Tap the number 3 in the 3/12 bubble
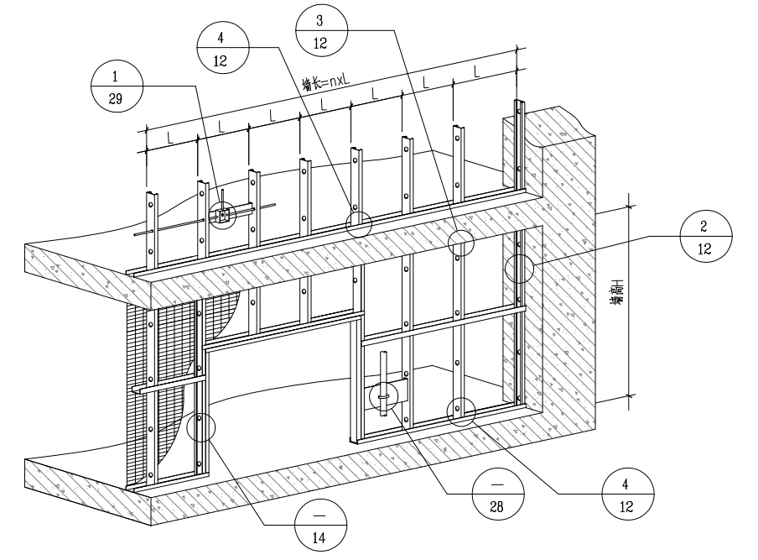(x=321, y=18)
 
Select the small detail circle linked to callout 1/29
(x=223, y=215)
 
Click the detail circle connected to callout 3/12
(x=460, y=242)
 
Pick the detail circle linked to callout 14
(x=200, y=427)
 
